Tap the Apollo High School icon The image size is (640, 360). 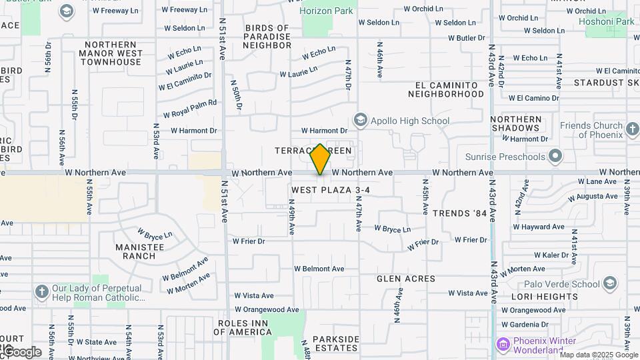(361, 120)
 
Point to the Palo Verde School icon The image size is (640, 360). (609, 283)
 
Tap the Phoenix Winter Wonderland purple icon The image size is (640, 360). (504, 345)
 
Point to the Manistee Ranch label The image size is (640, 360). (139, 251)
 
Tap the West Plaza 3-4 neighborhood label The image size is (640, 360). (330, 190)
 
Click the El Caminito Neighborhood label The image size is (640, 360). (446, 89)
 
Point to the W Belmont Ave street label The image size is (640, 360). (319, 269)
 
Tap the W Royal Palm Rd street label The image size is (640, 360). (190, 109)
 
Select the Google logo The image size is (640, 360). (22, 351)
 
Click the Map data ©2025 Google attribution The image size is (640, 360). (599, 355)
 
